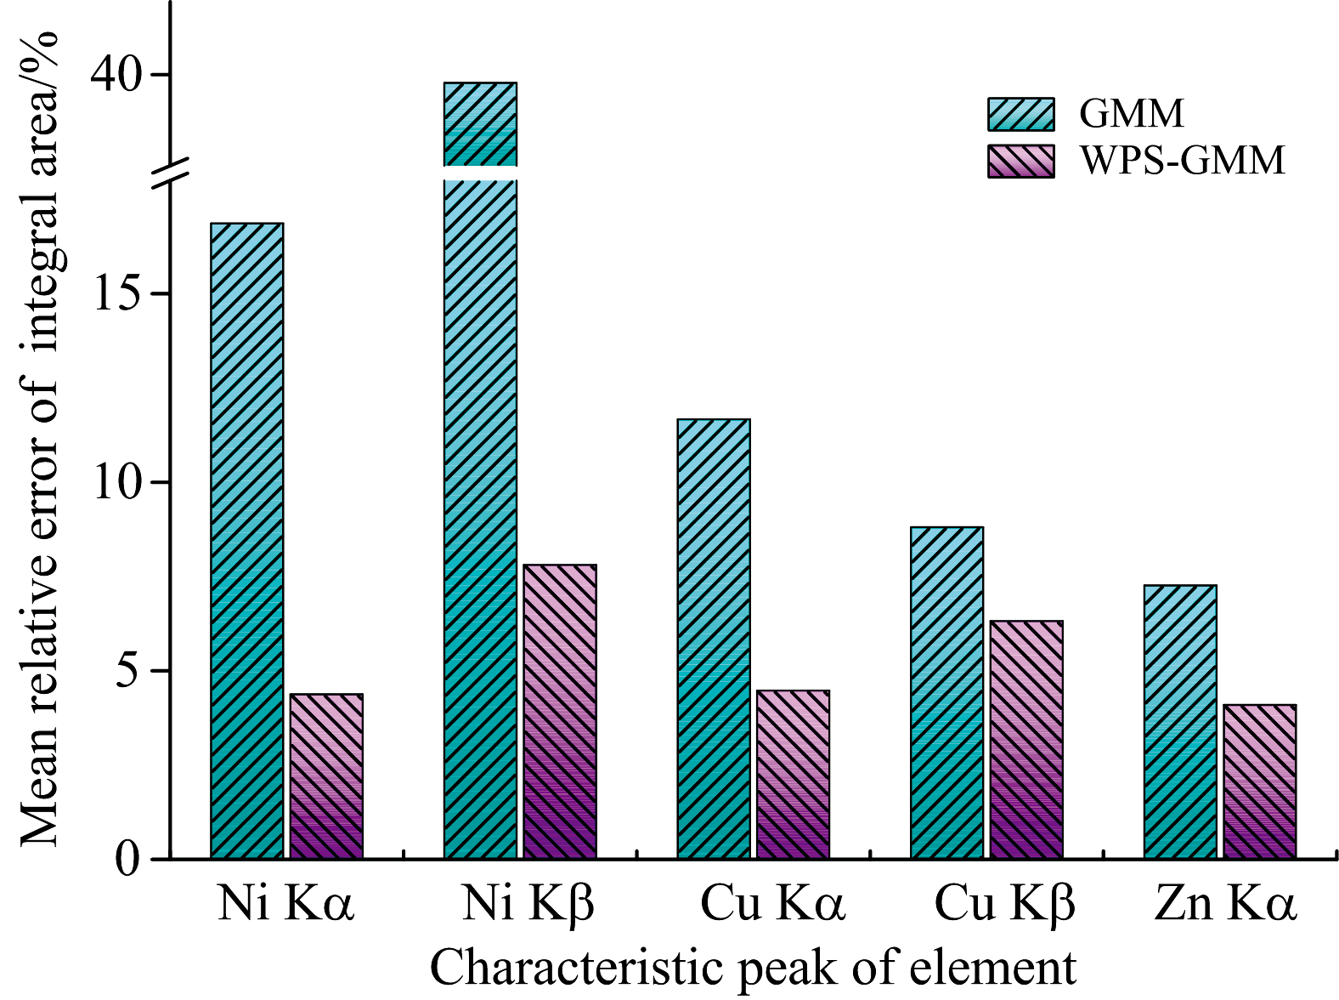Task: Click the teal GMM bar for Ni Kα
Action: tap(246, 540)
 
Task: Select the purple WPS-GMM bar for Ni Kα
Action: tap(326, 776)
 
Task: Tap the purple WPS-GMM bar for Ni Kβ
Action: tap(560, 711)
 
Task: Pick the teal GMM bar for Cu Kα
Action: tap(714, 638)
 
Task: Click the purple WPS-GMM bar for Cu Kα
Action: tap(793, 774)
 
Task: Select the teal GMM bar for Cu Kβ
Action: tap(946, 692)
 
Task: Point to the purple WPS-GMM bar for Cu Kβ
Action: tap(1026, 739)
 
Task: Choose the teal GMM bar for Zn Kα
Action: tap(1180, 721)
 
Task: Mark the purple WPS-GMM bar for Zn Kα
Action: tap(1259, 781)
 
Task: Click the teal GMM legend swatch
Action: tap(1020, 114)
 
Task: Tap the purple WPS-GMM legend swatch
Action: tap(1020, 161)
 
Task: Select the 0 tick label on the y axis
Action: tap(127, 859)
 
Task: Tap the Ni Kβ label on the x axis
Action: tap(528, 903)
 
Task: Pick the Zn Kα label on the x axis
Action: tap(1225, 903)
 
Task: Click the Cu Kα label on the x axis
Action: tap(772, 903)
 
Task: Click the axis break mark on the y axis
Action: tap(171, 173)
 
